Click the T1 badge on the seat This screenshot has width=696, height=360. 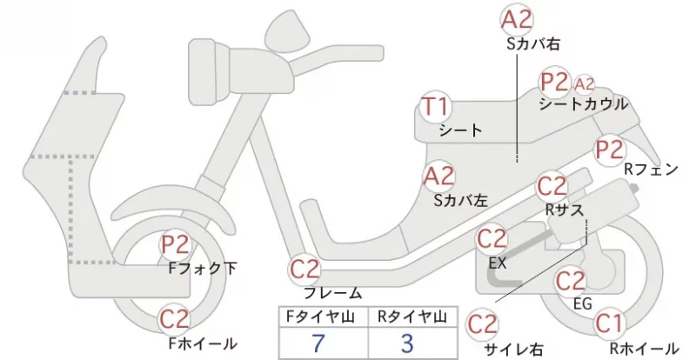click(436, 107)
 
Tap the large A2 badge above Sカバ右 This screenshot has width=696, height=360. click(517, 20)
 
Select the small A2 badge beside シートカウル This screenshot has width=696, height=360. click(584, 83)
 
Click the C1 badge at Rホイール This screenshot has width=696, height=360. click(610, 323)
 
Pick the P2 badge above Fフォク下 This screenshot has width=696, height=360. click(176, 245)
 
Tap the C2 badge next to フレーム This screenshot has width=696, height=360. click(305, 270)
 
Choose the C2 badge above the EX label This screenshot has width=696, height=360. click(492, 239)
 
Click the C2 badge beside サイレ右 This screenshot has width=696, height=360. click(482, 324)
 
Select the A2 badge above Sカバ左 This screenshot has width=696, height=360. click(439, 177)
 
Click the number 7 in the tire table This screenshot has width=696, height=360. click(318, 343)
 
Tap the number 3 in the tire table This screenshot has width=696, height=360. click(407, 343)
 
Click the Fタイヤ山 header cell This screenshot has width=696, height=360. click(323, 317)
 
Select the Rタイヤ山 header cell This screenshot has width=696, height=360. click(412, 317)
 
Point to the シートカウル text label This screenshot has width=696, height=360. click(584, 104)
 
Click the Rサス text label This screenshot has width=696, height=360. click(565, 210)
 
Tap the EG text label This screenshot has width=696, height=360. click(583, 304)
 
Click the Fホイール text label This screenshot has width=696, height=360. click(203, 343)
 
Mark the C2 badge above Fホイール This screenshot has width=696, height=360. click(175, 319)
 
